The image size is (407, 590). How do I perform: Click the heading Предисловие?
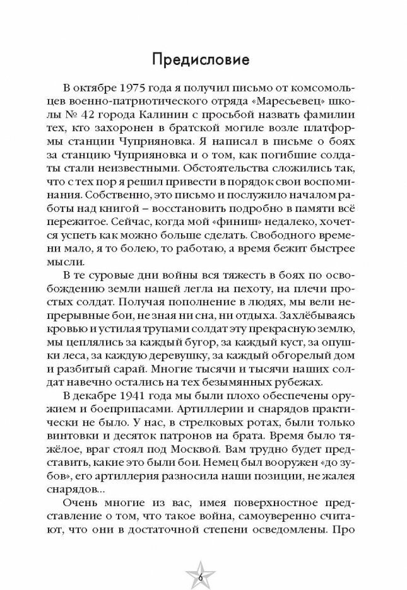[x=203, y=61]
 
